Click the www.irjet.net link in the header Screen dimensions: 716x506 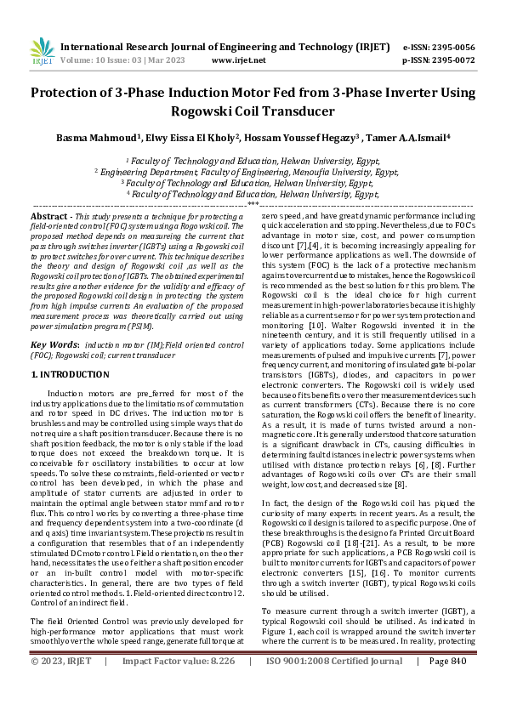[234, 61]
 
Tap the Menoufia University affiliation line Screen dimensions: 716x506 [252, 171]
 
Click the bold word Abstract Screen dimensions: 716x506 [50, 218]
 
